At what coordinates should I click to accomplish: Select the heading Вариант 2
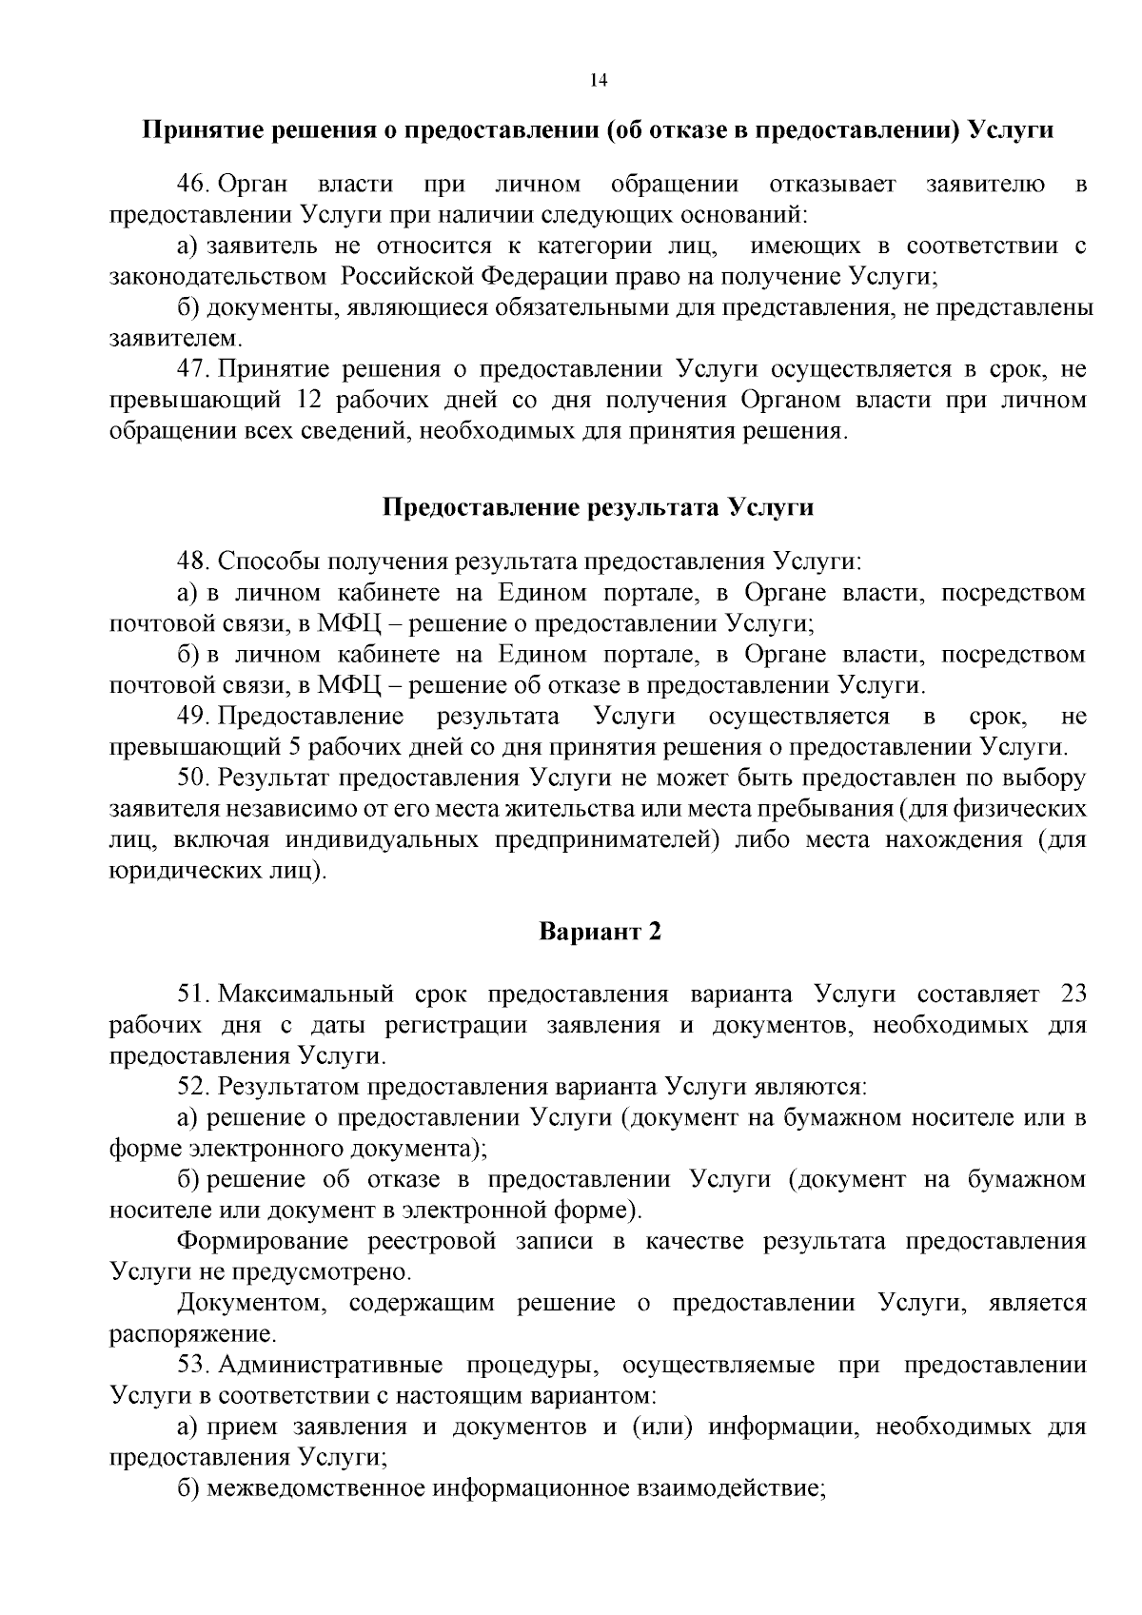[600, 931]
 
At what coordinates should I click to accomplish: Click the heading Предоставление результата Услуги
[598, 506]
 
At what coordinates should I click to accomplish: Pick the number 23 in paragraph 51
[1073, 995]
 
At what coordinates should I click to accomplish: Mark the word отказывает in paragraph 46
[832, 184]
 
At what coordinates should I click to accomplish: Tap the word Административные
[330, 1365]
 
